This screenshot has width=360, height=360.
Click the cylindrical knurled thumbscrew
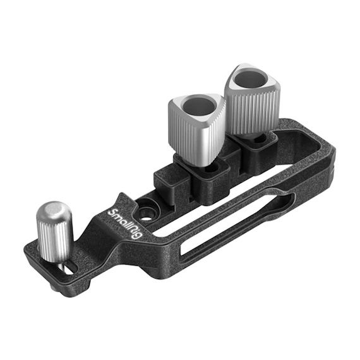click(54, 232)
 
